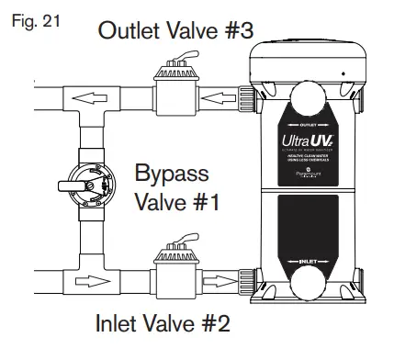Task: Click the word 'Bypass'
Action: [172, 173]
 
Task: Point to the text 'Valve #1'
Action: [177, 201]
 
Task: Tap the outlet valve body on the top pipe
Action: [176, 91]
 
